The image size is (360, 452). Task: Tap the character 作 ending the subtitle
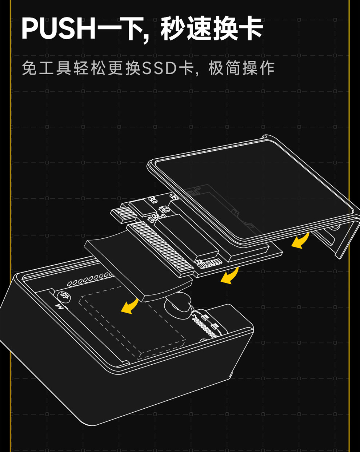click(x=267, y=68)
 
